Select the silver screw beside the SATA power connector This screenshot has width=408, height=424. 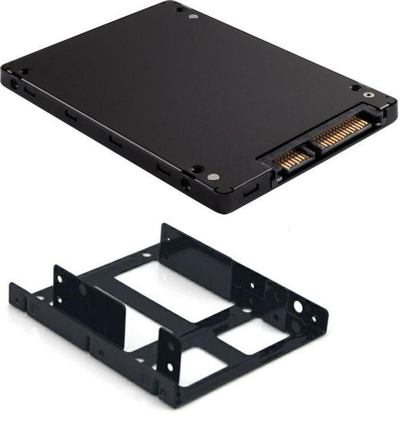370,96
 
